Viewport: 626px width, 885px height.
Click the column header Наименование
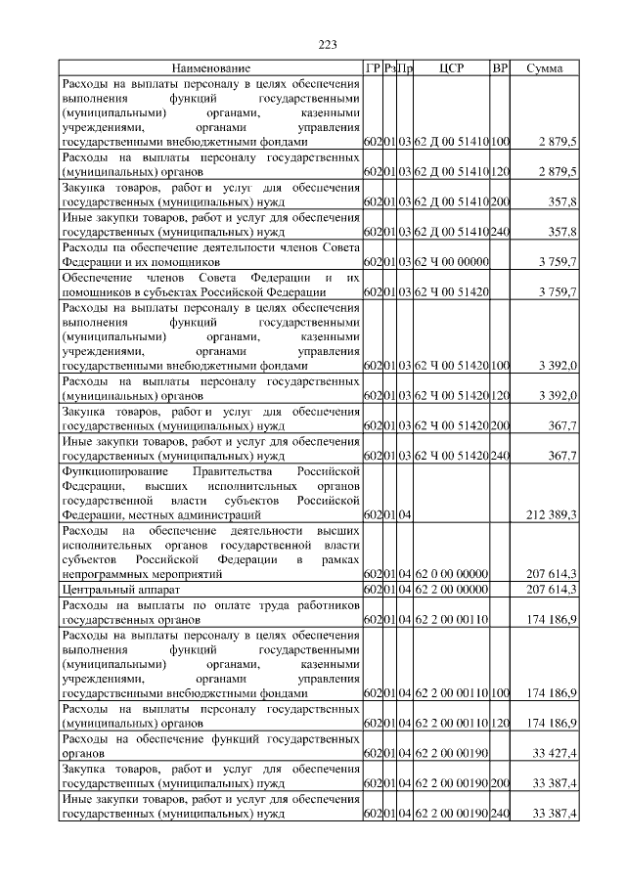pyautogui.click(x=210, y=68)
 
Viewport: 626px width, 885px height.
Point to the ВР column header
pyautogui.click(x=500, y=68)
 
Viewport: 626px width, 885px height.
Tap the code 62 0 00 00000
pyautogui.click(x=451, y=574)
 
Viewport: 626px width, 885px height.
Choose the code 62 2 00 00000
pyautogui.click(x=451, y=590)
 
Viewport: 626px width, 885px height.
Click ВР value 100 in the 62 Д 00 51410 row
pyautogui.click(x=500, y=142)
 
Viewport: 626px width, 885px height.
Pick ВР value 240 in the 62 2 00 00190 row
pyautogui.click(x=500, y=814)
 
